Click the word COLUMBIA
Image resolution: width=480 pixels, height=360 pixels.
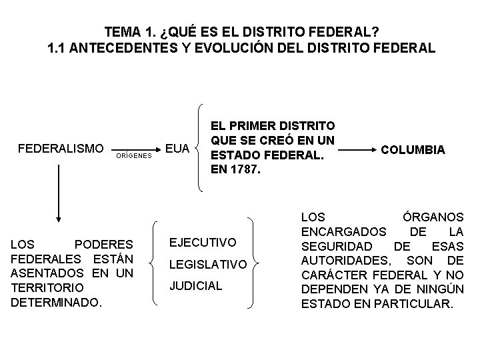[412, 150]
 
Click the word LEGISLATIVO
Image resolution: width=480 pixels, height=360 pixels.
[208, 265]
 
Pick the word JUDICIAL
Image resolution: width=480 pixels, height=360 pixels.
[195, 285]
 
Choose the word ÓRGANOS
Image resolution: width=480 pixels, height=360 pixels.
[434, 217]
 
